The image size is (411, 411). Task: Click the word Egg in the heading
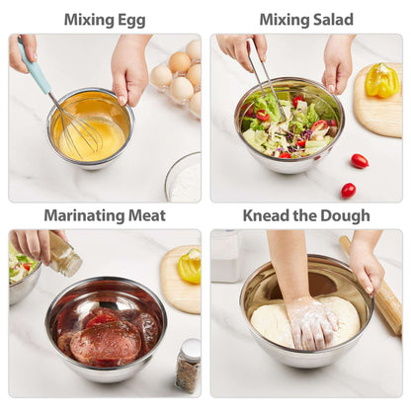coord(130,21)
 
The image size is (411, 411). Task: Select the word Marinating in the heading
coord(84,216)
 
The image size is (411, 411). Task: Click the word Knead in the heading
coord(265,215)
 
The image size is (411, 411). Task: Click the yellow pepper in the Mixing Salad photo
coord(382,80)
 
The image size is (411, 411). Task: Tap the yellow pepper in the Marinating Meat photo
coord(190,266)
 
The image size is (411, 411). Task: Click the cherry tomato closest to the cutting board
coord(360,161)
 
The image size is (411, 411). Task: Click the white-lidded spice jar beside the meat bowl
coord(189,366)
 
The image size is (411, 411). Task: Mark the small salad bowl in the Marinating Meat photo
coord(23,274)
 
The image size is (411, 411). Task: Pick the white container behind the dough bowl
coord(225,256)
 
